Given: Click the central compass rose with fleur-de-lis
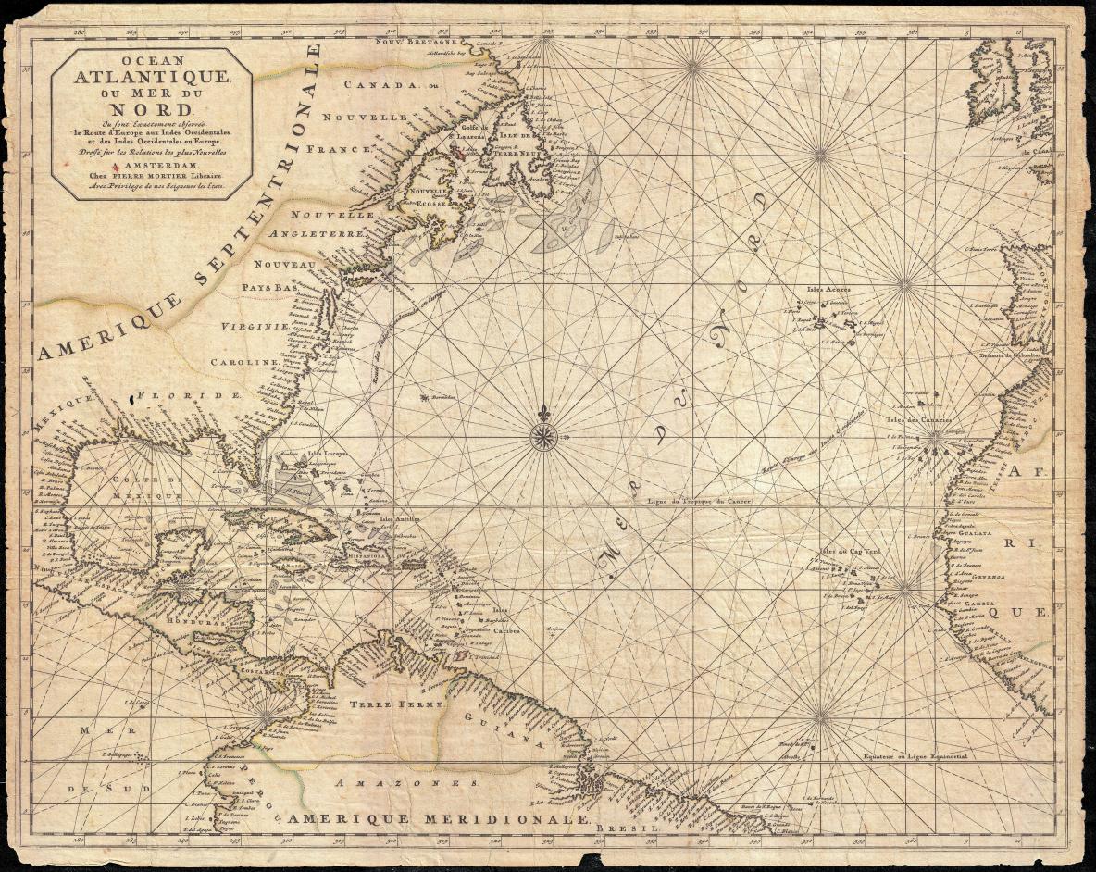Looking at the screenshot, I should tap(544, 437).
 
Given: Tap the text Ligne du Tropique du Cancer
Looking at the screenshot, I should tap(698, 501).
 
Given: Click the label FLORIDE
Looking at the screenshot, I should tap(189, 395).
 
